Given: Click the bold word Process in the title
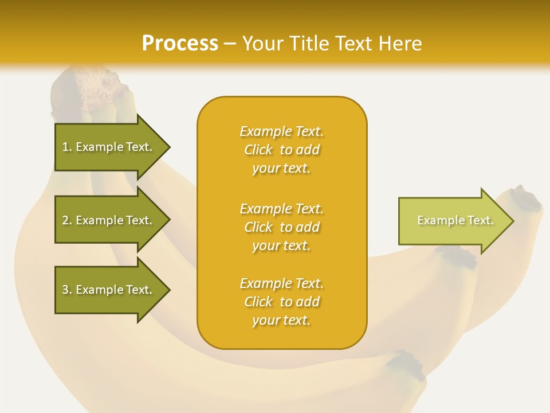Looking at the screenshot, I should tap(180, 43).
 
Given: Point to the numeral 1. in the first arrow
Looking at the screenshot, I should tap(67, 147).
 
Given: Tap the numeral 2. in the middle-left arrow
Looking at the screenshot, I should tap(67, 220).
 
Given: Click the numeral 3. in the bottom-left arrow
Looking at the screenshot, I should tap(67, 290).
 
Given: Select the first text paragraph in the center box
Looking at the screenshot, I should tap(281, 150).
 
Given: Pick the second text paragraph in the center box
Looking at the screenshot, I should tap(281, 227).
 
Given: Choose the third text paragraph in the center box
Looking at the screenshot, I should tap(281, 302).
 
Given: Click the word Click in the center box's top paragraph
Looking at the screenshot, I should tap(258, 150).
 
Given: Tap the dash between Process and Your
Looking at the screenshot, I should tap(230, 44).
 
